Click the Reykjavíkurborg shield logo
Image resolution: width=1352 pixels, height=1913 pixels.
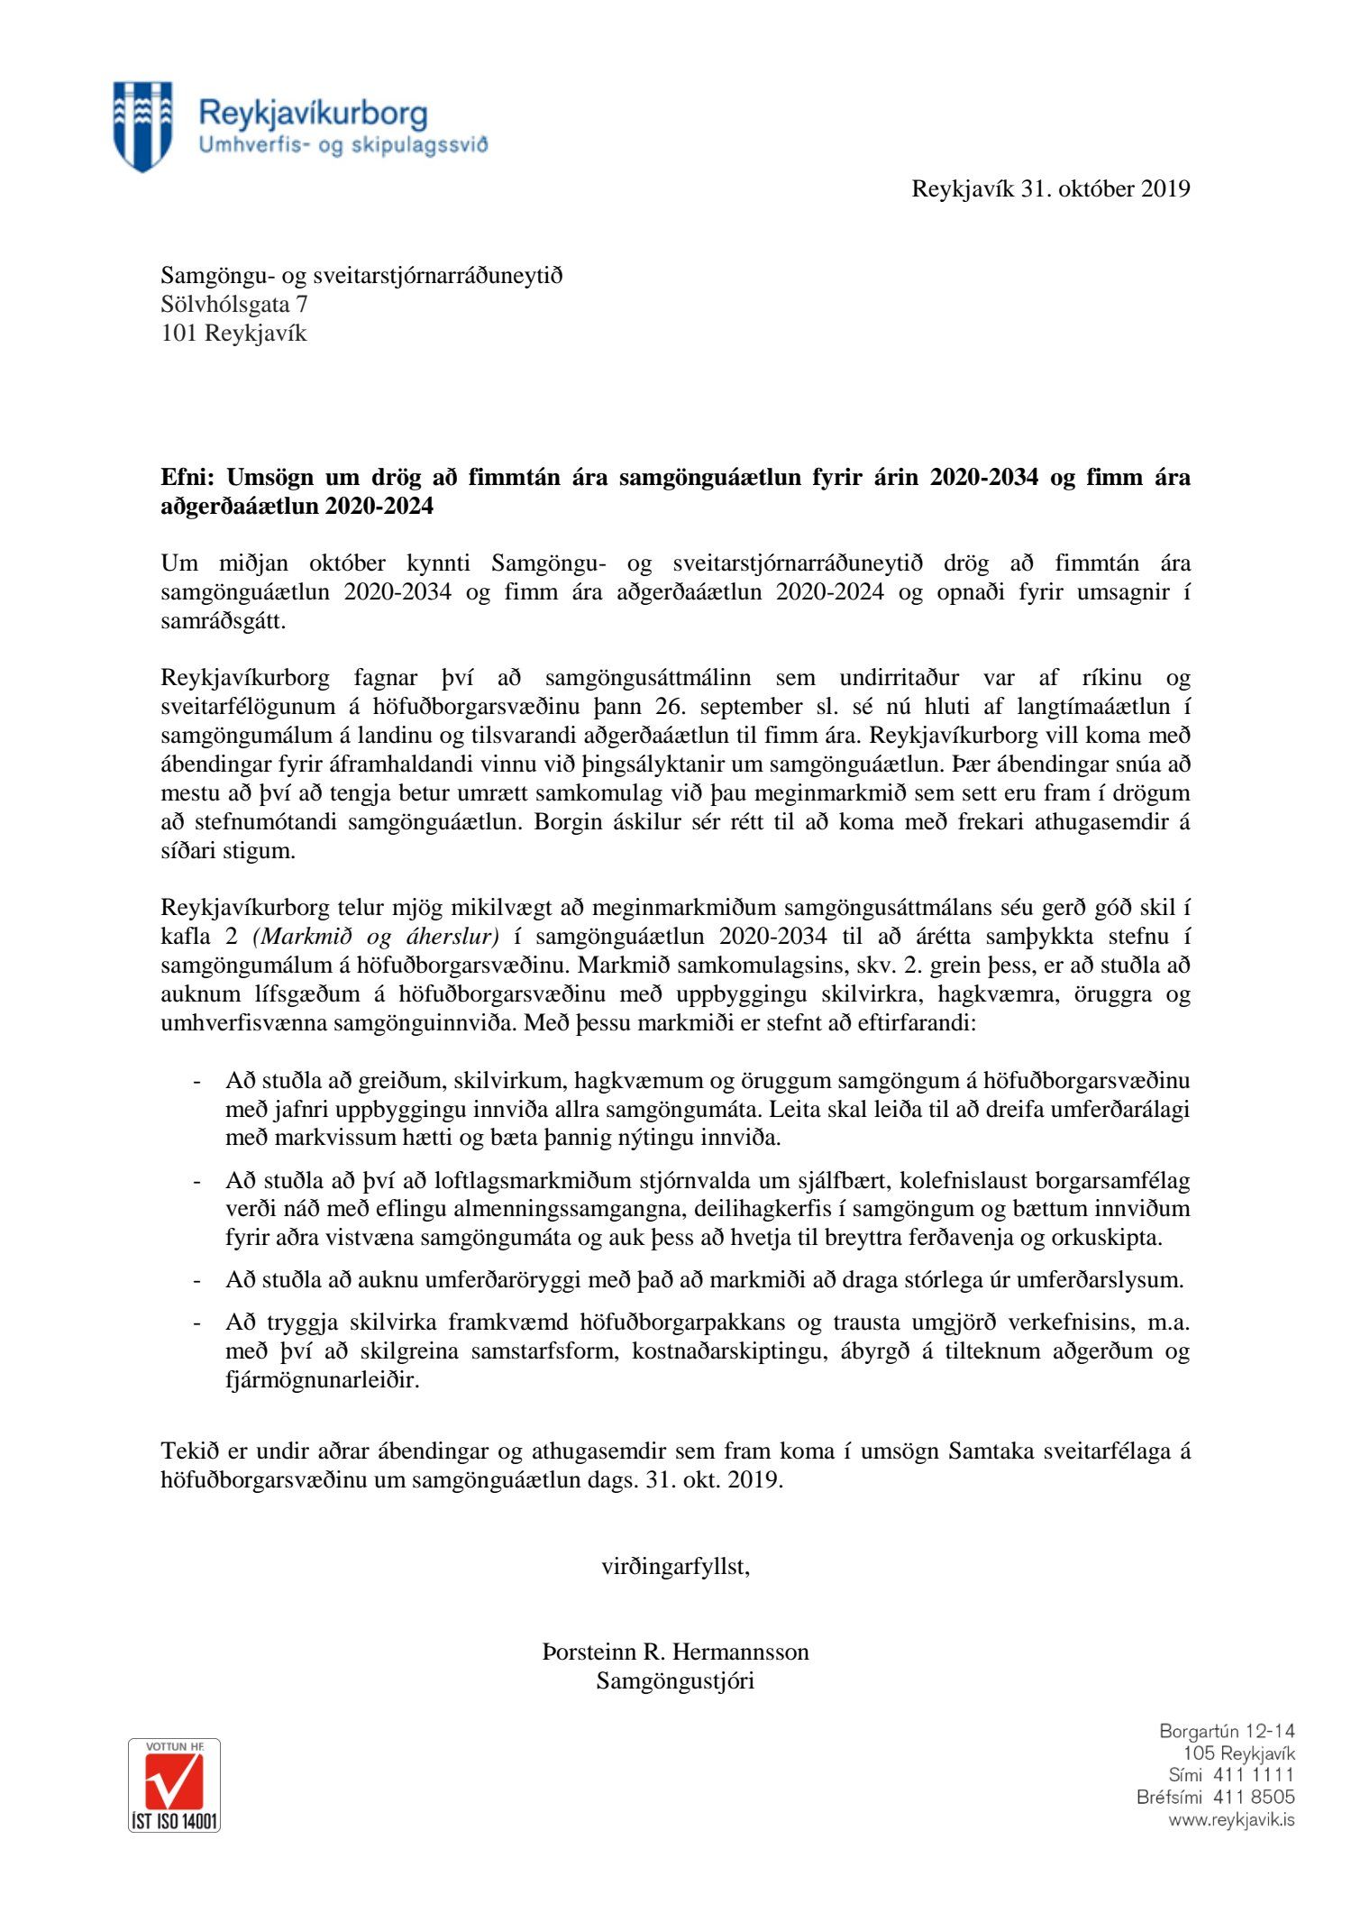pyautogui.click(x=142, y=125)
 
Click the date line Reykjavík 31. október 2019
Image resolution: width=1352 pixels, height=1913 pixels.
pyautogui.click(x=1050, y=188)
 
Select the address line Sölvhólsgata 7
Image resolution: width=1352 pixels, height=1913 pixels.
pyautogui.click(x=233, y=305)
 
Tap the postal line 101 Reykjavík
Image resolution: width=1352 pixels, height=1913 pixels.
pyautogui.click(x=233, y=334)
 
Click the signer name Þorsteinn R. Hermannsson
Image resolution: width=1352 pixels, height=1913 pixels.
pyautogui.click(x=675, y=1652)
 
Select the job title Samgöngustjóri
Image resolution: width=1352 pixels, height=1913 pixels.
pyautogui.click(x=675, y=1680)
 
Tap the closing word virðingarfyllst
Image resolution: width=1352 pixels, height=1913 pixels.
pyautogui.click(x=675, y=1566)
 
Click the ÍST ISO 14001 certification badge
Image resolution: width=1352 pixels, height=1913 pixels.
pyautogui.click(x=174, y=1785)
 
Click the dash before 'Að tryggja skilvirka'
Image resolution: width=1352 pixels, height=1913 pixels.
pyautogui.click(x=196, y=1323)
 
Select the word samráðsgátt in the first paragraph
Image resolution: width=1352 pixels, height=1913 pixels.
pyautogui.click(x=223, y=622)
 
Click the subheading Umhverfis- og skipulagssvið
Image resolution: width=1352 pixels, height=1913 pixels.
pyautogui.click(x=343, y=144)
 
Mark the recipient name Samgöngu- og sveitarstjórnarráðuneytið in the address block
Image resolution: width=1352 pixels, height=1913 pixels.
pyautogui.click(x=361, y=276)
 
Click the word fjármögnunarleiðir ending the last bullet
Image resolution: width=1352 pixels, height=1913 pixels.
pyautogui.click(x=322, y=1380)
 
